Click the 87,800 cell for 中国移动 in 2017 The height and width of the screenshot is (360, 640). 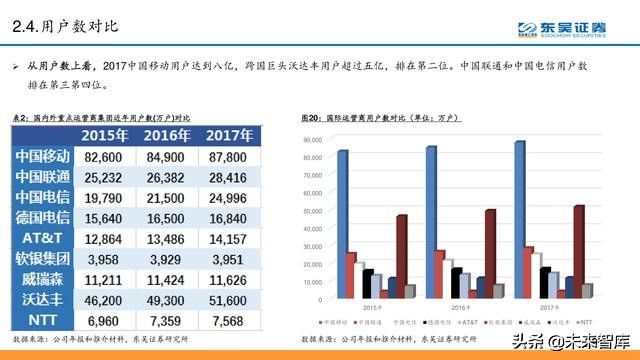coord(231,157)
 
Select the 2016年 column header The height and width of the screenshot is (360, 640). coord(167,135)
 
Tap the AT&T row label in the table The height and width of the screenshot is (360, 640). coord(43,238)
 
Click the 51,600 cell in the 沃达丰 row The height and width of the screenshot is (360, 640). coord(231,299)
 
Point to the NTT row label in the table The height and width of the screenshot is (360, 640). coord(43,319)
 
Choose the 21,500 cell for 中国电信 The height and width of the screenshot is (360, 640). coord(167,197)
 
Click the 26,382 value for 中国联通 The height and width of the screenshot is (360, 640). coord(167,177)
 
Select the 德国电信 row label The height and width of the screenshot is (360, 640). coord(43,217)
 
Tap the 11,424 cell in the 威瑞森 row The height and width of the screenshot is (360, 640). coord(167,279)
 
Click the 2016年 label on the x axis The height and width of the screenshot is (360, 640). coord(461,305)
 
